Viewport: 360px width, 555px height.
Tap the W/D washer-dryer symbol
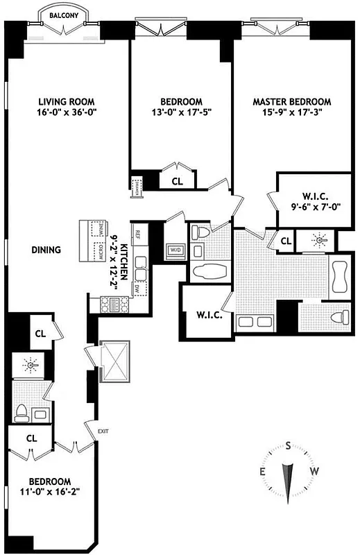(174, 250)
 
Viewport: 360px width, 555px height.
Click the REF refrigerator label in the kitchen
(139, 235)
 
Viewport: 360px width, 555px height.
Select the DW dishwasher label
(138, 287)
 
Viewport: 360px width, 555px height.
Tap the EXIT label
(103, 432)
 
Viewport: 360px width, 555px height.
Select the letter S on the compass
(288, 447)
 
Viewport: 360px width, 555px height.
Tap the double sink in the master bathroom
(255, 321)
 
